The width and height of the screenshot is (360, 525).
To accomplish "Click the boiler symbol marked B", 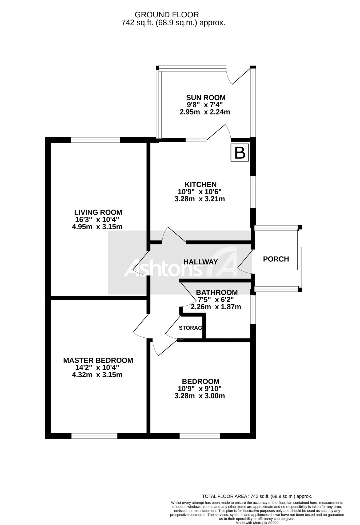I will [239, 152].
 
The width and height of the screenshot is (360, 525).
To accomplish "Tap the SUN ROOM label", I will [206, 97].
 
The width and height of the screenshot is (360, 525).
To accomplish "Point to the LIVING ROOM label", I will [98, 212].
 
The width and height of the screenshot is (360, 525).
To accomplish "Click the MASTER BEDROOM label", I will [98, 360].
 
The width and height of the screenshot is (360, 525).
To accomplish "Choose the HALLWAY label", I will [201, 262].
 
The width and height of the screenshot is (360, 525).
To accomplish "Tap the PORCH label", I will [276, 259].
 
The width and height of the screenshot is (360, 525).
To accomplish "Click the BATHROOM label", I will [217, 292].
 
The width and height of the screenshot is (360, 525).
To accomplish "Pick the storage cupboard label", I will [190, 328].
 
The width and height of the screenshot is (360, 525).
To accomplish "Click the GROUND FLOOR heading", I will [167, 15].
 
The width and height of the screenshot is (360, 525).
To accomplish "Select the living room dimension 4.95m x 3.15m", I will [97, 227].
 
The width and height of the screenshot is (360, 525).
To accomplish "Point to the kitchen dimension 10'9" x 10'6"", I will [200, 192].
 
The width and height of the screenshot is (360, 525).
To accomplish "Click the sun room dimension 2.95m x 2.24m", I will [205, 112].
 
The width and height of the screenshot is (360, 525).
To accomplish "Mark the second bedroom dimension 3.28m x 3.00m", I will [199, 396].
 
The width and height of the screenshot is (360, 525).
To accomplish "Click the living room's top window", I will [95, 140].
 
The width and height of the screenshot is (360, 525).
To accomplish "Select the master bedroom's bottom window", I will [94, 436].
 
